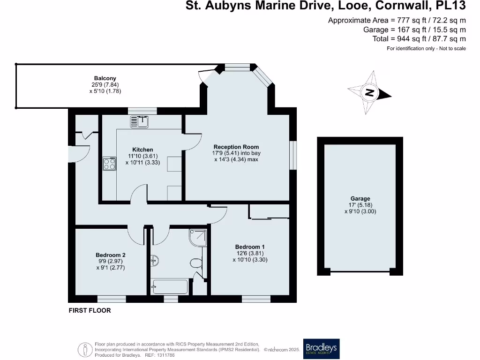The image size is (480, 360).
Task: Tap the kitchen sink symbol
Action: coord(140,122)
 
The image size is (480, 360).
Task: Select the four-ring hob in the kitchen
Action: coord(109,164)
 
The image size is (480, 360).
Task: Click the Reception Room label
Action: coord(236,147)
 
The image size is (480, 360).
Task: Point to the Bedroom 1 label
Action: coord(250,247)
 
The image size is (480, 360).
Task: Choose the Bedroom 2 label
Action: coord(110,255)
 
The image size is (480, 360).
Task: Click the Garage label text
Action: coord(360,199)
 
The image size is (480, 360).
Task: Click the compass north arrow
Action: coord(370,92)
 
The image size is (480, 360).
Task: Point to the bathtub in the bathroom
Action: coord(170,286)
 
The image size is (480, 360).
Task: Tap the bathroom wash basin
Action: coord(154,259)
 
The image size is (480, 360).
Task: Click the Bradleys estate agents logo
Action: coord(321,348)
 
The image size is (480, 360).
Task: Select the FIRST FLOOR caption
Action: coord(90,310)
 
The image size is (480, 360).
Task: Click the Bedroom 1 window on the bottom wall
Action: coord(256,299)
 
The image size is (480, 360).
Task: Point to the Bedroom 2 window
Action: coord(112,299)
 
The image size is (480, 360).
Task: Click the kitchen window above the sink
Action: coord(142,111)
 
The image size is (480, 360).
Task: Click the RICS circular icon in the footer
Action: coord(85,349)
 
